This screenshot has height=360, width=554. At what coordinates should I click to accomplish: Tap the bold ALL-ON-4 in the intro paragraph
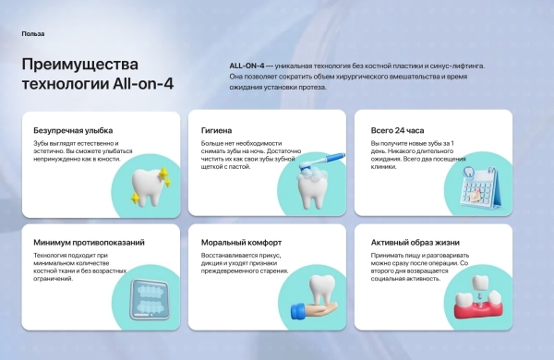pyautogui.click(x=247, y=67)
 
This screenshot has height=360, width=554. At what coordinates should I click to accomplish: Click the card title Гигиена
pyautogui.click(x=217, y=131)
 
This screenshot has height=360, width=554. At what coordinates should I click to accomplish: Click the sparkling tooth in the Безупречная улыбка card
pyautogui.click(x=145, y=183)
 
